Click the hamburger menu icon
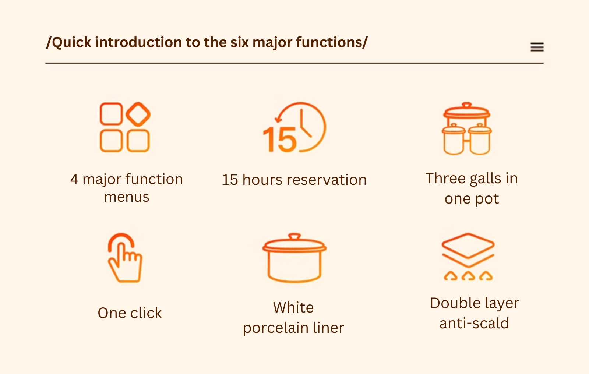coord(537,47)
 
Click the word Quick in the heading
coord(71,43)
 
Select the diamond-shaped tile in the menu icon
coord(138,114)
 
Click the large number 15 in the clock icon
coord(280,140)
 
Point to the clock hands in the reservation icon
coord(305,124)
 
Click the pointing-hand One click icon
coord(125,258)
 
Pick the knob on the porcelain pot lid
coord(294,236)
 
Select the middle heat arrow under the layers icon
coord(468,276)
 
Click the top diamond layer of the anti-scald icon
coord(468,246)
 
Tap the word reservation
coord(327,180)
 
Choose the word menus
coord(127,197)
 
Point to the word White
coord(293,307)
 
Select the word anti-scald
coord(475,323)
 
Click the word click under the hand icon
coord(146,313)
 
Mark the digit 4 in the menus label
coord(74,179)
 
